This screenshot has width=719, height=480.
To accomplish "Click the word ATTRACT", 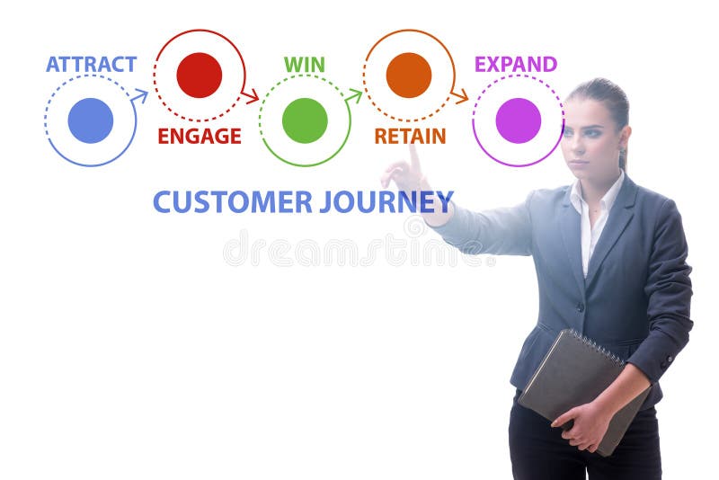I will (x=91, y=65).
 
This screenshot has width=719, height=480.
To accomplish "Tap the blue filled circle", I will (x=91, y=120).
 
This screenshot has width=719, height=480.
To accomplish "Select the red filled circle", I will (x=200, y=76).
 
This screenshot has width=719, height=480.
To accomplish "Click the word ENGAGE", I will (x=200, y=137).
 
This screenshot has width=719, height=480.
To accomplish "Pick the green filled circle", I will (x=305, y=120).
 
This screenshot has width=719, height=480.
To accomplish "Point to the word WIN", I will (x=305, y=65).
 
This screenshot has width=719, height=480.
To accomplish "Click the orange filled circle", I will (x=409, y=76).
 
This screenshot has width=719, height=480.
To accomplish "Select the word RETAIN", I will (x=410, y=137).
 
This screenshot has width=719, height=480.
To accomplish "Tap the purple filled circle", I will (x=519, y=120).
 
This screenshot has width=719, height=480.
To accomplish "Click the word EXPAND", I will (x=516, y=65).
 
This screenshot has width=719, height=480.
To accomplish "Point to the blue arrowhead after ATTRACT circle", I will (x=140, y=93).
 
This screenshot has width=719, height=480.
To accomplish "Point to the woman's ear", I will (x=624, y=138).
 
